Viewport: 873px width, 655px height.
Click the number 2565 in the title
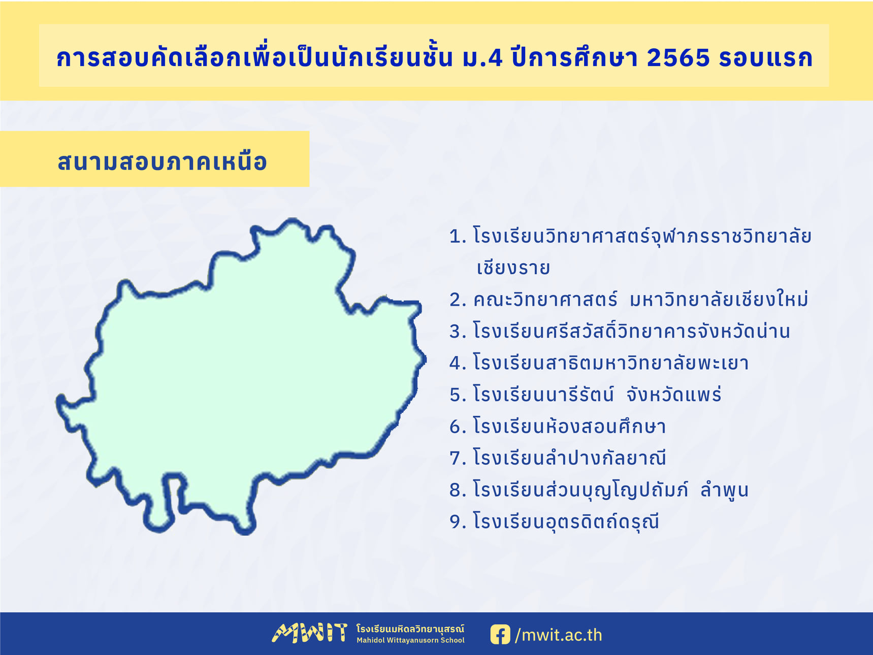tap(678, 58)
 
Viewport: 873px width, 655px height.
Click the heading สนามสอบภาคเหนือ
tap(163, 161)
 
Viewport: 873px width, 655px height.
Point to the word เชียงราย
tap(513, 267)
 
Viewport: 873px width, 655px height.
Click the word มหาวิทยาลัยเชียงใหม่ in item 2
tap(719, 299)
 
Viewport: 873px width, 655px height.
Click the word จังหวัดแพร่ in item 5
tap(673, 394)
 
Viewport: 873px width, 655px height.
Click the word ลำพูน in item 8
tap(724, 489)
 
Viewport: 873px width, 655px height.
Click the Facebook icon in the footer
tap(500, 635)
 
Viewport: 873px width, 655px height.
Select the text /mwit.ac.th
tap(559, 635)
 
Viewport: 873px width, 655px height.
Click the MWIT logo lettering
tap(310, 633)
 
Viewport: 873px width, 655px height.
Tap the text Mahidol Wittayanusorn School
tap(410, 640)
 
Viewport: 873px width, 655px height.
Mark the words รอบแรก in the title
tap(766, 58)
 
